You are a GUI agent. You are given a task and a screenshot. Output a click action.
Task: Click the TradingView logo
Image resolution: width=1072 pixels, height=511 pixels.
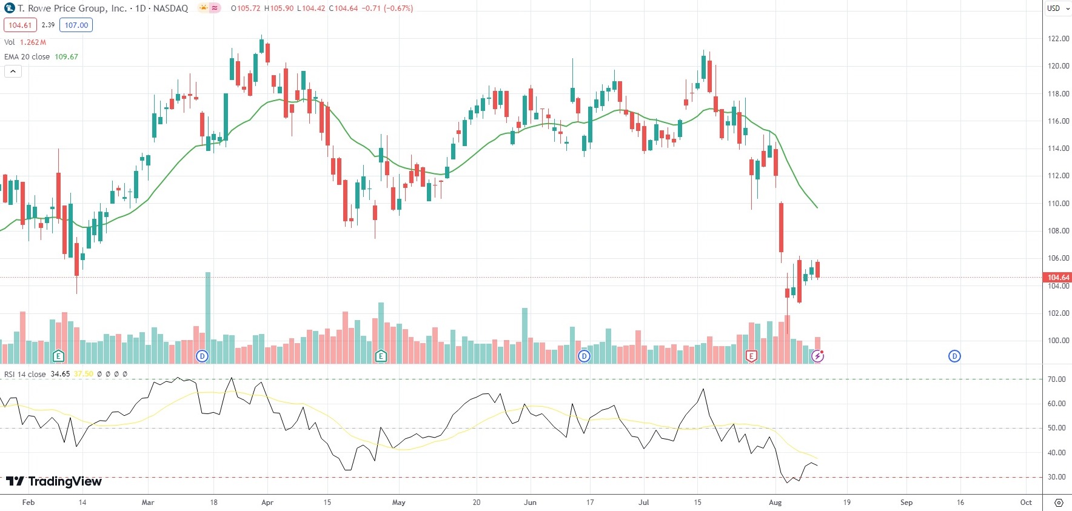54,481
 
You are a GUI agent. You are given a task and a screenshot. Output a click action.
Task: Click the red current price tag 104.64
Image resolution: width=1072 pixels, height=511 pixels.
1058,278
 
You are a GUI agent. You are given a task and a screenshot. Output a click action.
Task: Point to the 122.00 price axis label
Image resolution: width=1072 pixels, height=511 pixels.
1058,39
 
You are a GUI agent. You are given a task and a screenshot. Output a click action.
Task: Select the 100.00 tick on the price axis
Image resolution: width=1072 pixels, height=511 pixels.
1058,341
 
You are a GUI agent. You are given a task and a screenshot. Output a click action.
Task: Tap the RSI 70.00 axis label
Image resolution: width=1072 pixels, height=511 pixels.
1056,379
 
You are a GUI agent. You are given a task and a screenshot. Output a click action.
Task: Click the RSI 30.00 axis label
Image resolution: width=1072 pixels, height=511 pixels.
1056,477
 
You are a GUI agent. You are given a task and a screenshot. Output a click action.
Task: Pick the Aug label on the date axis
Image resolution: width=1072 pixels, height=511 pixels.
775,503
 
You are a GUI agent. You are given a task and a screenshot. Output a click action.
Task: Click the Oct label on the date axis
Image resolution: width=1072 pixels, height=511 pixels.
1026,503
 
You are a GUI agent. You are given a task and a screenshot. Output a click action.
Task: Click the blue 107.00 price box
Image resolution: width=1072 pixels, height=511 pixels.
76,25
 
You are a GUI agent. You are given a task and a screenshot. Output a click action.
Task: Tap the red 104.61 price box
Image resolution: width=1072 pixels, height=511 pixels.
20,25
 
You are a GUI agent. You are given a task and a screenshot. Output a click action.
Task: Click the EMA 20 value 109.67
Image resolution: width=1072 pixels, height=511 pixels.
66,57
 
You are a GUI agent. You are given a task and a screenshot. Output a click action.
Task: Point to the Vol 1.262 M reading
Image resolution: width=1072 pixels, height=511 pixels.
33,42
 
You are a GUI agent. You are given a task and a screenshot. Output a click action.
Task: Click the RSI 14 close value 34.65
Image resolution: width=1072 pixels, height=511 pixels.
60,374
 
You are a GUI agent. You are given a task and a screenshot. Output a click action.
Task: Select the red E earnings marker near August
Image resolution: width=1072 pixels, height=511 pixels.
751,356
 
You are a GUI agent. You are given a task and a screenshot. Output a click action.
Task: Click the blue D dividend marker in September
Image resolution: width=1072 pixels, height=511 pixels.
954,356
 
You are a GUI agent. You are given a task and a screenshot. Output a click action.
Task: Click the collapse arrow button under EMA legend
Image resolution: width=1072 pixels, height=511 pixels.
13,72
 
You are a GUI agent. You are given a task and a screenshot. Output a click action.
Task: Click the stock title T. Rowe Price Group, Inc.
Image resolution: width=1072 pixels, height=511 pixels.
72,8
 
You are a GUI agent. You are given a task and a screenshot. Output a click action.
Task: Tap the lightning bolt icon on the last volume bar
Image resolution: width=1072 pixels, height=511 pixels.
818,356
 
